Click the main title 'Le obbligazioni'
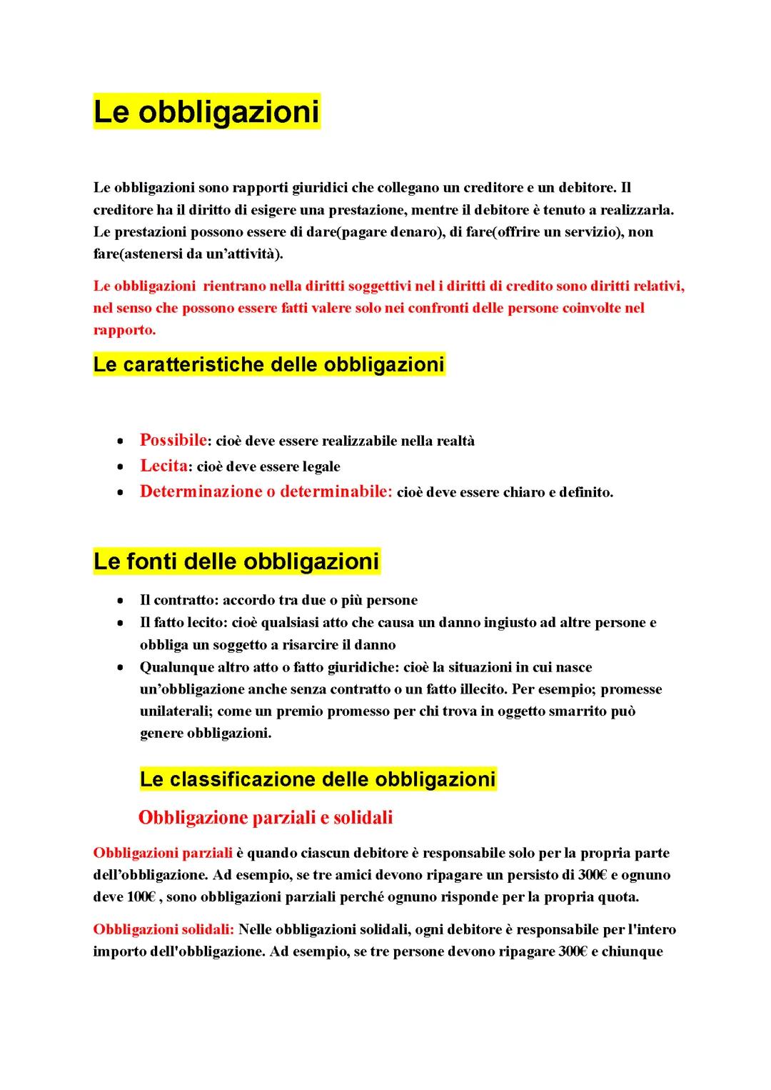click(x=206, y=112)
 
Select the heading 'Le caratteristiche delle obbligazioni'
click(x=268, y=365)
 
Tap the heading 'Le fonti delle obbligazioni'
click(x=236, y=562)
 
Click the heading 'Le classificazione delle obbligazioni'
click(x=317, y=779)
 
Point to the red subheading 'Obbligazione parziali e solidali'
click(x=265, y=817)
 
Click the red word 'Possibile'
click(x=173, y=440)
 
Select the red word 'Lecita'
click(x=163, y=466)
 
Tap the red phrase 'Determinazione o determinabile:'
click(x=266, y=491)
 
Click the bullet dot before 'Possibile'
click(x=124, y=441)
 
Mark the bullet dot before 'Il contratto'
click(x=124, y=601)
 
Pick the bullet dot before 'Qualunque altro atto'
click(x=124, y=668)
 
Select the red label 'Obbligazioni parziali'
click(x=163, y=853)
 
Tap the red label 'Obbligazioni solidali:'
click(x=163, y=929)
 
